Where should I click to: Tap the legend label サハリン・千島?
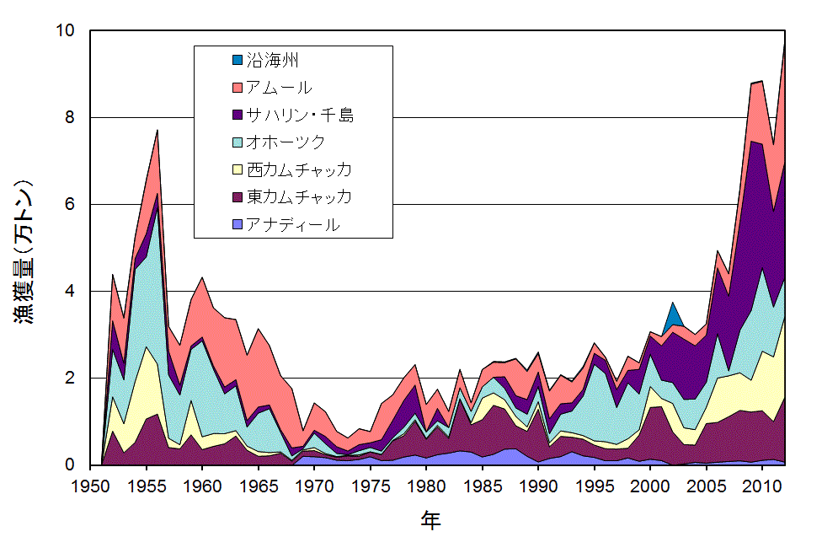[x=300, y=115]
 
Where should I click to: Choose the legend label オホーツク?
[x=286, y=142]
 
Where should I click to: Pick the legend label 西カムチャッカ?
[x=299, y=169]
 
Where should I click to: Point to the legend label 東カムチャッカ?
[x=299, y=197]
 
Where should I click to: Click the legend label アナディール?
[x=293, y=225]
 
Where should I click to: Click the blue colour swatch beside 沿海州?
[x=237, y=60]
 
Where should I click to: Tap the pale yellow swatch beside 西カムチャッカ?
[x=237, y=169]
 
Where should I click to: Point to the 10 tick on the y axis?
[x=67, y=31]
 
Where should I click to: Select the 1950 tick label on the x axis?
[x=91, y=486]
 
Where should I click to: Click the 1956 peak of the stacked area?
[x=157, y=132]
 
